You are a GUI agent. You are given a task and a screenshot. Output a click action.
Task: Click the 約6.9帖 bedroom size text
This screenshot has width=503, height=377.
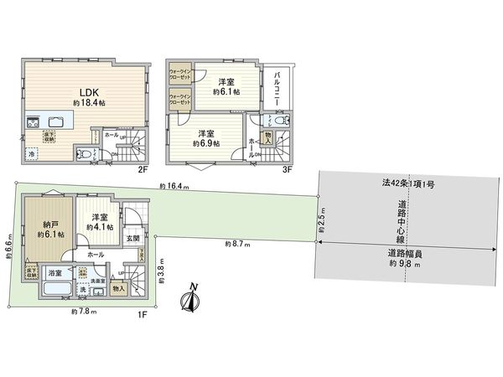click(x=205, y=144)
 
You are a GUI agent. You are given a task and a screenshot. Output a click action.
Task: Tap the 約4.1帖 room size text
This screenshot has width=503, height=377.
click(x=100, y=225)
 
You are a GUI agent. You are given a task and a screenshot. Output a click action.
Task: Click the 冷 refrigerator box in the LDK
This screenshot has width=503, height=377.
click(x=32, y=154)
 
